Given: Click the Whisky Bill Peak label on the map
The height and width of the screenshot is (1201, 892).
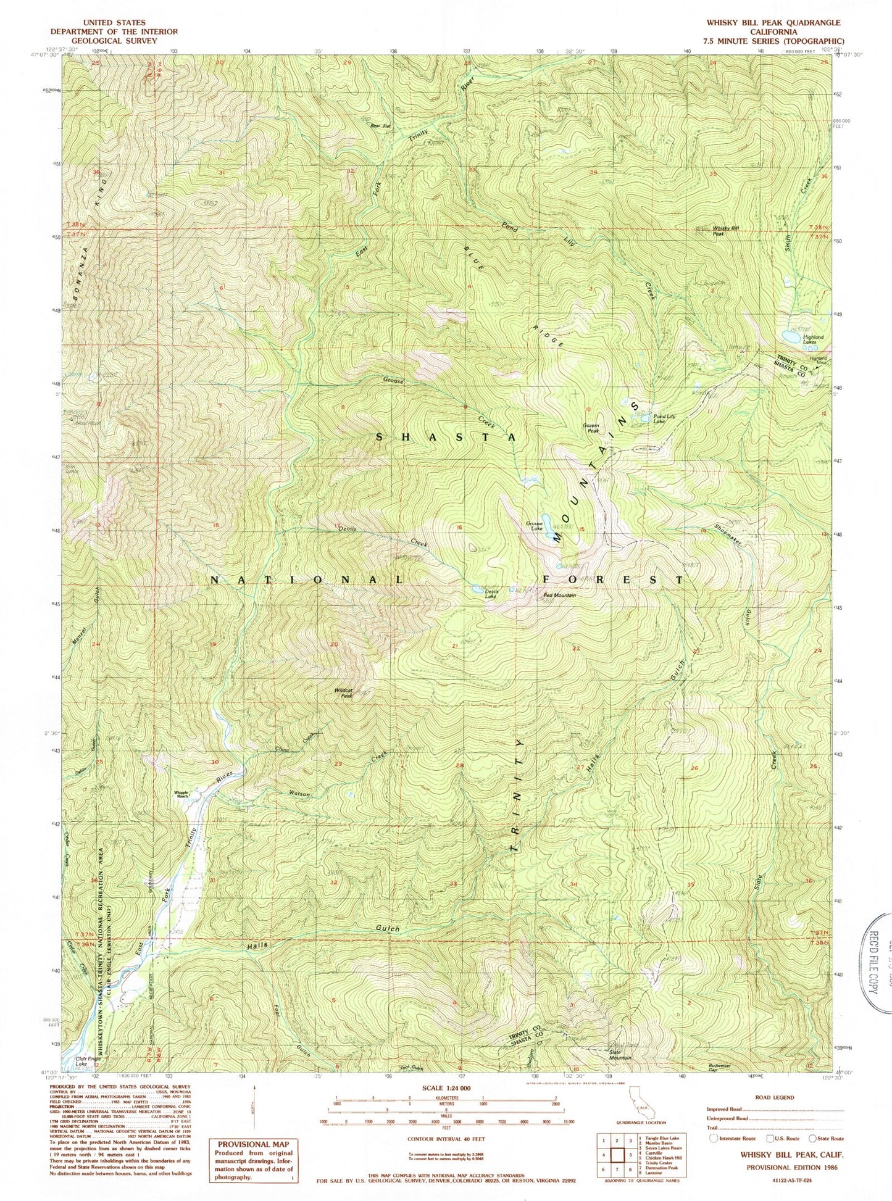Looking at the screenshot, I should (726, 231).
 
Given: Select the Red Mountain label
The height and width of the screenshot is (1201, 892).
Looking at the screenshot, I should (559, 595).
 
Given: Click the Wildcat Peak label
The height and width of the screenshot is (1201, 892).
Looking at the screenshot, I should (343, 694).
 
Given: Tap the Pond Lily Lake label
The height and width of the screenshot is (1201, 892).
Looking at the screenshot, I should (664, 418).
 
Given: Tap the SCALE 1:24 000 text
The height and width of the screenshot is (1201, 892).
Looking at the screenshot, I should (446, 1088).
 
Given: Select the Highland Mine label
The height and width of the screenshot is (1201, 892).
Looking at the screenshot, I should (819, 360).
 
